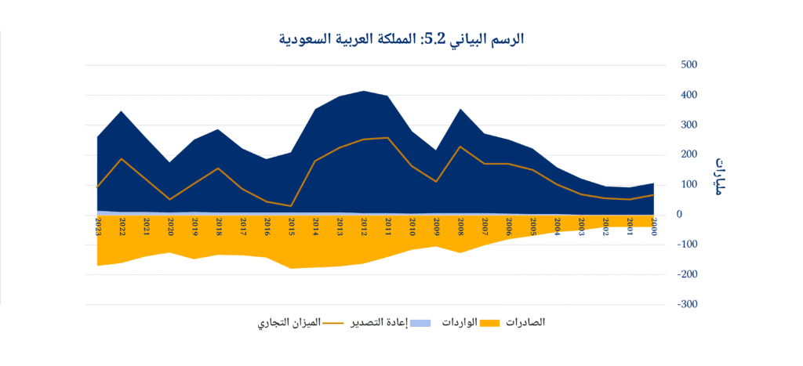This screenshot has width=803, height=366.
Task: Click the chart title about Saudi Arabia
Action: (401, 38)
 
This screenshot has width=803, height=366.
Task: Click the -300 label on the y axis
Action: (685, 304)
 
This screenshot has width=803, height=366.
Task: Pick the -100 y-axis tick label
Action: (685, 245)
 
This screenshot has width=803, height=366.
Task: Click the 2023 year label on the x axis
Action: (98, 226)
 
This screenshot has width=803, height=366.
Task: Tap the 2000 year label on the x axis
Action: (654, 226)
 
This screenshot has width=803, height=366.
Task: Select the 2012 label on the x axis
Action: (364, 226)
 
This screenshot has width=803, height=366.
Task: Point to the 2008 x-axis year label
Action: (461, 226)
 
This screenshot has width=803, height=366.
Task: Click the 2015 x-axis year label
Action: (291, 226)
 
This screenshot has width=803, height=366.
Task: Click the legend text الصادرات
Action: (523, 322)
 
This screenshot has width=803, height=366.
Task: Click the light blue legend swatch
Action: (421, 323)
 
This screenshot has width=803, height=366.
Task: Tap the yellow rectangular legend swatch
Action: (490, 323)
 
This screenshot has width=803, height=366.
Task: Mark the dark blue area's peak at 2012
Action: (364, 91)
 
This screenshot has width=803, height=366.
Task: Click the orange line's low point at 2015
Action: (291, 206)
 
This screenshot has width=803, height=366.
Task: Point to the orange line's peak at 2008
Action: (461, 147)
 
